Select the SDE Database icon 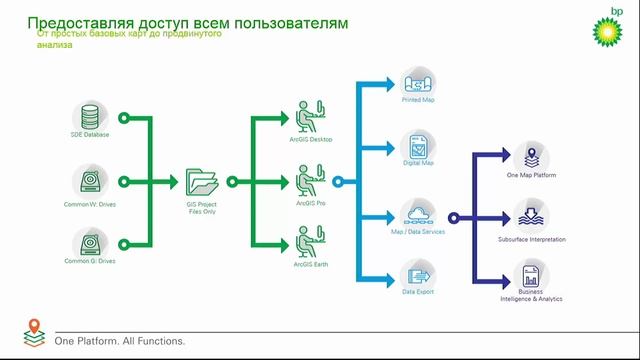90,115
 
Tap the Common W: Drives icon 90,181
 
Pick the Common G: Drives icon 90,241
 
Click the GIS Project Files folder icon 202,182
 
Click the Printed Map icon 416,82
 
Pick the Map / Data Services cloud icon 416,213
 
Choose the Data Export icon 416,273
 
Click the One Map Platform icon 531,156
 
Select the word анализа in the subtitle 54,44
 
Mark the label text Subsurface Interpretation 531,240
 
